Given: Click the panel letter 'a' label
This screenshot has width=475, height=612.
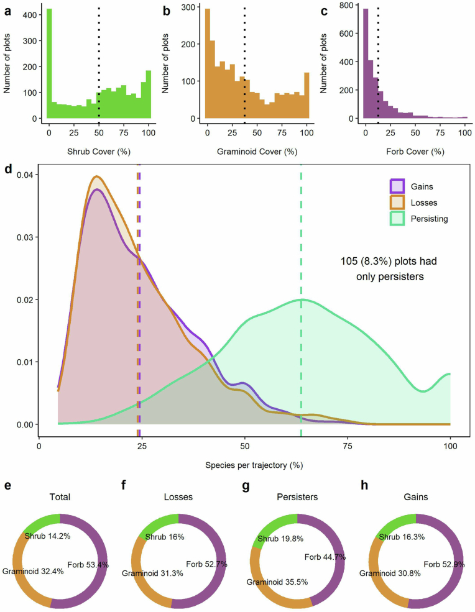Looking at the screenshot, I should click(7, 11).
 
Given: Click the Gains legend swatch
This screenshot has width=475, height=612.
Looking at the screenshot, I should click(397, 186).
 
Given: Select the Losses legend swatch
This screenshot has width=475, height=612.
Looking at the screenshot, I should click(397, 203).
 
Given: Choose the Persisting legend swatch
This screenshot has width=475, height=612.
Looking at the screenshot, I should click(397, 219).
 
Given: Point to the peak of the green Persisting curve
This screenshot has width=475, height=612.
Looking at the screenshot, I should click(302, 299).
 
